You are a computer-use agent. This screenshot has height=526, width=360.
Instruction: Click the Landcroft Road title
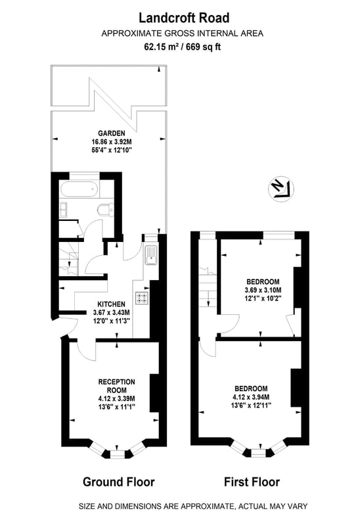[184, 18]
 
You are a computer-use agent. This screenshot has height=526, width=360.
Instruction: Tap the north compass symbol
[281, 189]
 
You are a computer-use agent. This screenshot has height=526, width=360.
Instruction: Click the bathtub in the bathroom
[79, 190]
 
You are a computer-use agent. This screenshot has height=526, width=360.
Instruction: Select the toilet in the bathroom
[105, 210]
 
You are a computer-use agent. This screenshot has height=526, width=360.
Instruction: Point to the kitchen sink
[151, 255]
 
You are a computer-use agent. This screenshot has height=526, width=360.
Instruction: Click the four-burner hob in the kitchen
[142, 298]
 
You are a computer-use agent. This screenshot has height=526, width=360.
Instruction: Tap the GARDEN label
[112, 133]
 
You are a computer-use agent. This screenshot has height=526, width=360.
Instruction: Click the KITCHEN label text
[111, 304]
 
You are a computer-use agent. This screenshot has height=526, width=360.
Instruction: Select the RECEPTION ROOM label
[117, 386]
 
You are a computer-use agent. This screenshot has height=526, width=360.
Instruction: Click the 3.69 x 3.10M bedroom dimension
[263, 290]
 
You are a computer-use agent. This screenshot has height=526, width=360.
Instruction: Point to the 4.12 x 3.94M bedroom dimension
[251, 397]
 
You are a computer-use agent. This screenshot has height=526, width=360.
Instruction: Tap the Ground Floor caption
[119, 482]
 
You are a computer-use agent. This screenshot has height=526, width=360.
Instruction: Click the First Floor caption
[252, 482]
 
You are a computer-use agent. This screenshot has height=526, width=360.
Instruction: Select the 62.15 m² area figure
[161, 47]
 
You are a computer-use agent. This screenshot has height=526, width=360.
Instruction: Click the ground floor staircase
[70, 258]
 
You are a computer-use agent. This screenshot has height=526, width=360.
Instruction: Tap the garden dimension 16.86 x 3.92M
[112, 141]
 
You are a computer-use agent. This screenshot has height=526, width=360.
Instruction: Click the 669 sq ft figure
[204, 47]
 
